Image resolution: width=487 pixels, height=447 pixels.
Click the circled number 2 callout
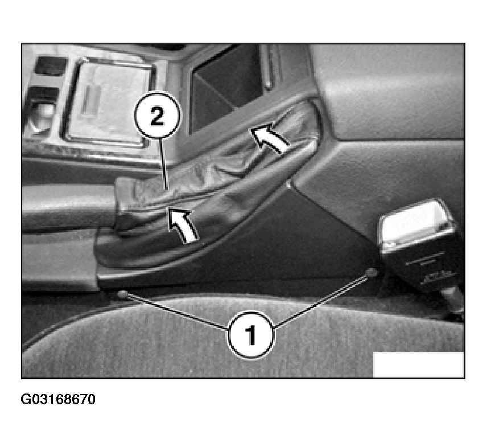(x=157, y=116)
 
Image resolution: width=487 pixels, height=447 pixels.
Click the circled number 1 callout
(x=251, y=335)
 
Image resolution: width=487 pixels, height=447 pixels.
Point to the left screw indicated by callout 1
(x=122, y=294)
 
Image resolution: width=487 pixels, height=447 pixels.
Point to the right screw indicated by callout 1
(x=372, y=272)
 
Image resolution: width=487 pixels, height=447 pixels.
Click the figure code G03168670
(x=58, y=399)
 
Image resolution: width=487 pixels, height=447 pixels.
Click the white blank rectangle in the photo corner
(x=418, y=364)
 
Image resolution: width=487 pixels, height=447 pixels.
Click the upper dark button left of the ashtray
(x=49, y=65)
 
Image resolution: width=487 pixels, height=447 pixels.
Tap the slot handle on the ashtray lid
(x=90, y=99)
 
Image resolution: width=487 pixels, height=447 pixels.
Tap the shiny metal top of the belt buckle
(x=415, y=222)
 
